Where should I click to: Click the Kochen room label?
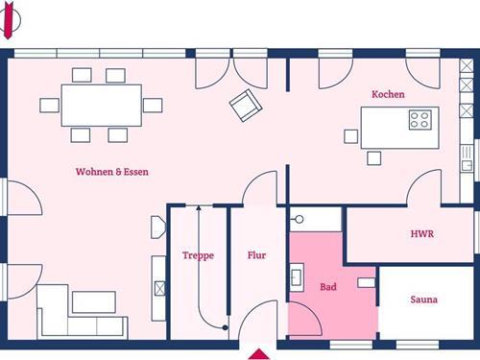388,94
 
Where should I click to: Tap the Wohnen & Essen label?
112,172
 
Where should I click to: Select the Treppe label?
198,255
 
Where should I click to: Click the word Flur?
256,255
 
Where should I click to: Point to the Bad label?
328,287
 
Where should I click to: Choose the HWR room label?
422,234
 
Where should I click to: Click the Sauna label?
424,300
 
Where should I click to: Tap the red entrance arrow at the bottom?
258,354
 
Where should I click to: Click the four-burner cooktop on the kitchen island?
420,120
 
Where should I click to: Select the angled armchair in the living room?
246,106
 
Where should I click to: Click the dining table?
102,106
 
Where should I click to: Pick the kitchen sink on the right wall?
468,158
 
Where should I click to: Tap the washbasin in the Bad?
297,277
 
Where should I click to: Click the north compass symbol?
9,20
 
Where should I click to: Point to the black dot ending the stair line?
226,327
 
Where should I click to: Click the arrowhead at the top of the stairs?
199,207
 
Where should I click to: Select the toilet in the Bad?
366,282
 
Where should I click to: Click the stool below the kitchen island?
373,158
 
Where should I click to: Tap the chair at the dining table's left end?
49,106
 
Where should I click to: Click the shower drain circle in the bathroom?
300,219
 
